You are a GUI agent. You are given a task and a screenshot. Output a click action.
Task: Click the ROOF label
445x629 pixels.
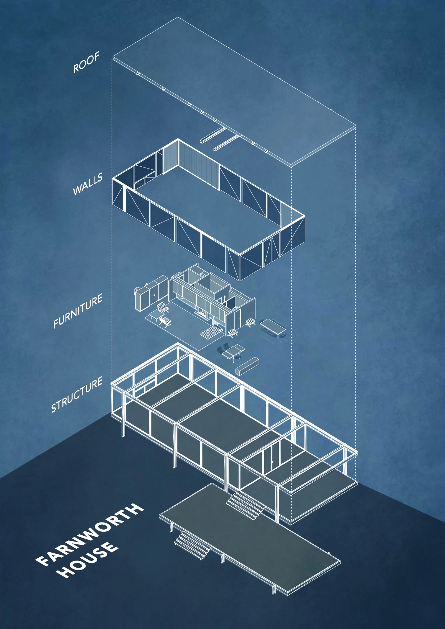click(86, 63)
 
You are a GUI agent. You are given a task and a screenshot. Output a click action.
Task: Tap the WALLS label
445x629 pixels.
click(88, 184)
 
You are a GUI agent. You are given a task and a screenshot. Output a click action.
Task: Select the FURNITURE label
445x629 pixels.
click(78, 311)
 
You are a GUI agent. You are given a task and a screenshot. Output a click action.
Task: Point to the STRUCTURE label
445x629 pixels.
click(77, 394)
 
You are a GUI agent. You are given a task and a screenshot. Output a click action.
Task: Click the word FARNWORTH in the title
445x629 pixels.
click(90, 533)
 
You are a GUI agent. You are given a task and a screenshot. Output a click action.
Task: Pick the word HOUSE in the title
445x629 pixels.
click(88, 559)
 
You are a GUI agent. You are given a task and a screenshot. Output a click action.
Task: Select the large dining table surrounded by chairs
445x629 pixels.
click(273, 327)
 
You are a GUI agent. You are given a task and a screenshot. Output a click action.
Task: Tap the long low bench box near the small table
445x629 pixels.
click(247, 365)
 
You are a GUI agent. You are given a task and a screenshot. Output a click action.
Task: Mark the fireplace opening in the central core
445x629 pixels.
click(203, 311)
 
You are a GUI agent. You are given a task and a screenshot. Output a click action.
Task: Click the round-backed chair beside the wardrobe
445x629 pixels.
click(138, 290)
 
